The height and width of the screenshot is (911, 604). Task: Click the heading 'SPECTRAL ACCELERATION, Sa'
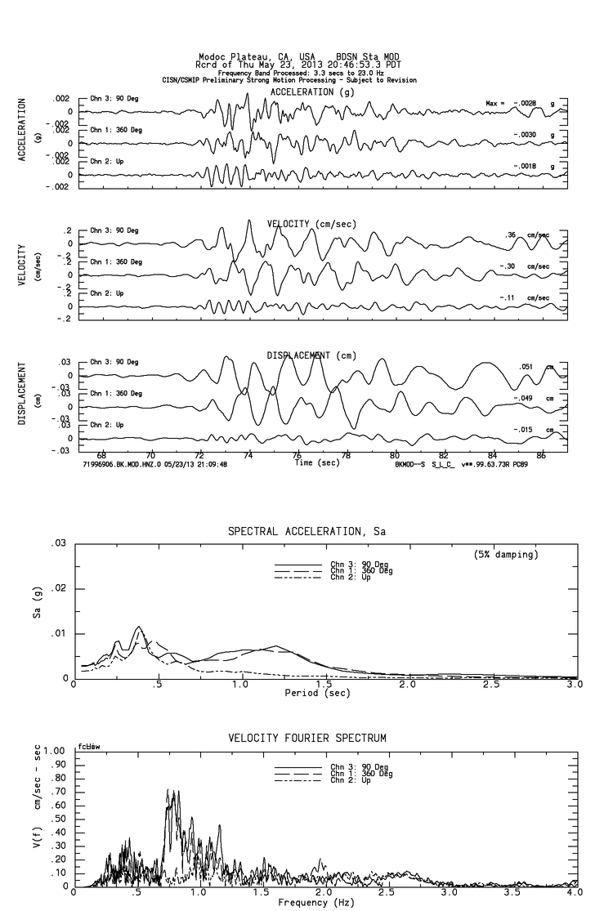(306, 532)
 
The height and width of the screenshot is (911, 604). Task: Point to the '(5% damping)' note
(504, 555)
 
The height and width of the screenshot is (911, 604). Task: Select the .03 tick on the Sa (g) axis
(59, 543)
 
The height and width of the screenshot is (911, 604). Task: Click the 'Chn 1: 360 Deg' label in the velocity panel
(116, 261)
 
